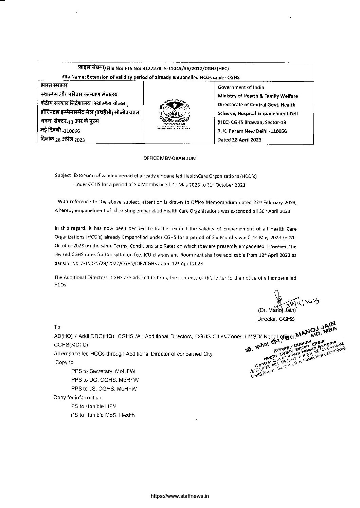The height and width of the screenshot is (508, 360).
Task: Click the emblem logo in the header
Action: click(174, 114)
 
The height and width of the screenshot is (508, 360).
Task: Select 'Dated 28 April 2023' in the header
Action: click(239, 140)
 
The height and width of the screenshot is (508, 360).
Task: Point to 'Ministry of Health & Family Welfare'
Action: click(258, 96)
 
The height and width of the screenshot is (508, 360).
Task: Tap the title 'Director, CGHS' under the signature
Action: click(276, 319)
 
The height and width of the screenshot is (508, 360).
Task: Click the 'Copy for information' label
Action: click(77, 397)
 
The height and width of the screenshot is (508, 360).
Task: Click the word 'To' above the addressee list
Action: click(57, 327)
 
